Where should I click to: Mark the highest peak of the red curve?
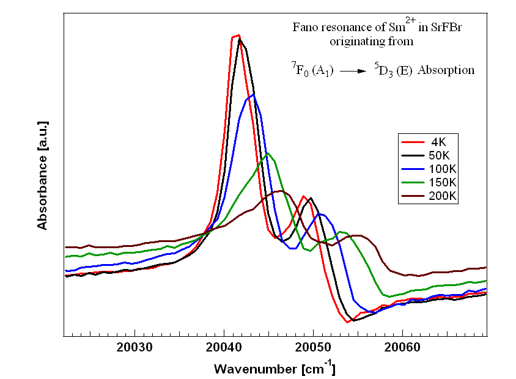(236, 35)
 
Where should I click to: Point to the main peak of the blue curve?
(252, 94)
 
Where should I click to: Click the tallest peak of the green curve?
(267, 153)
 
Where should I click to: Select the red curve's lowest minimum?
(347, 322)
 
